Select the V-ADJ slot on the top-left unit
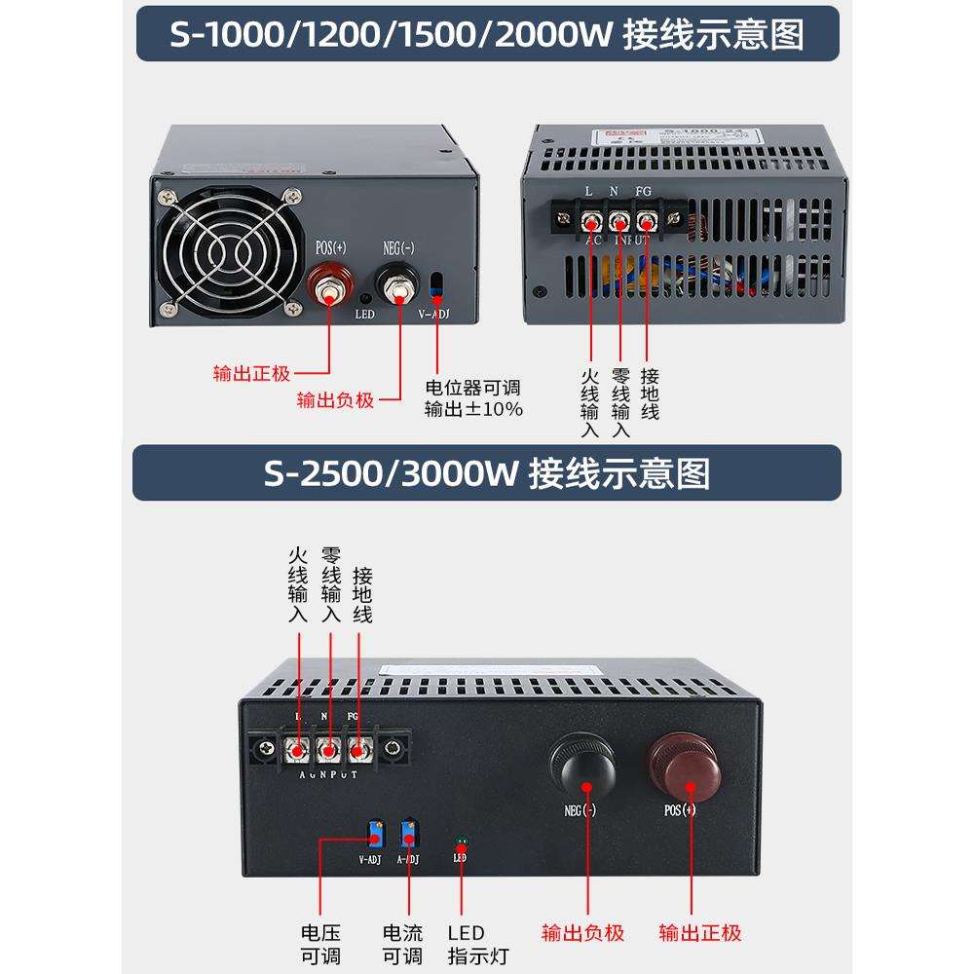pos(436,285)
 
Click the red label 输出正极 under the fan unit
pos(252,373)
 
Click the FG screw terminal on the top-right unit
pos(645,221)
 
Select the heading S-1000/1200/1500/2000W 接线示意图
pos(487,35)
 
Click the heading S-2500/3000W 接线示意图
pos(487,473)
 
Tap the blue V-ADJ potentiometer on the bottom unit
pos(375,835)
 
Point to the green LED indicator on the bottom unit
pos(461,840)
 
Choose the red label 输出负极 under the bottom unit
pos(582,933)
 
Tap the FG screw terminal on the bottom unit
pos(360,750)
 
